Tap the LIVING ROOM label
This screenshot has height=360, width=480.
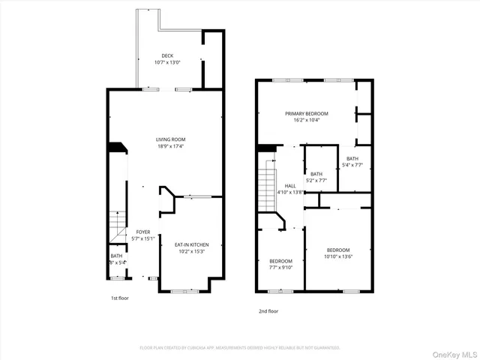pos(170,139)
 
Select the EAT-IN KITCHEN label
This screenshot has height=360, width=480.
pos(191,244)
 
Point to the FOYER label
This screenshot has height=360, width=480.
pos(142,232)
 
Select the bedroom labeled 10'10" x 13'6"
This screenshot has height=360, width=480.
pos(337,250)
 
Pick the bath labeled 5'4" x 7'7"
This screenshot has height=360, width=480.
pos(352,158)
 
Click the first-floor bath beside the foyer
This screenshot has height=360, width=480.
pos(117,259)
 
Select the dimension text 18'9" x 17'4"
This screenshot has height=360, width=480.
pos(170,146)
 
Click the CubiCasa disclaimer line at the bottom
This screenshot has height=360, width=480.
pos(240,348)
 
